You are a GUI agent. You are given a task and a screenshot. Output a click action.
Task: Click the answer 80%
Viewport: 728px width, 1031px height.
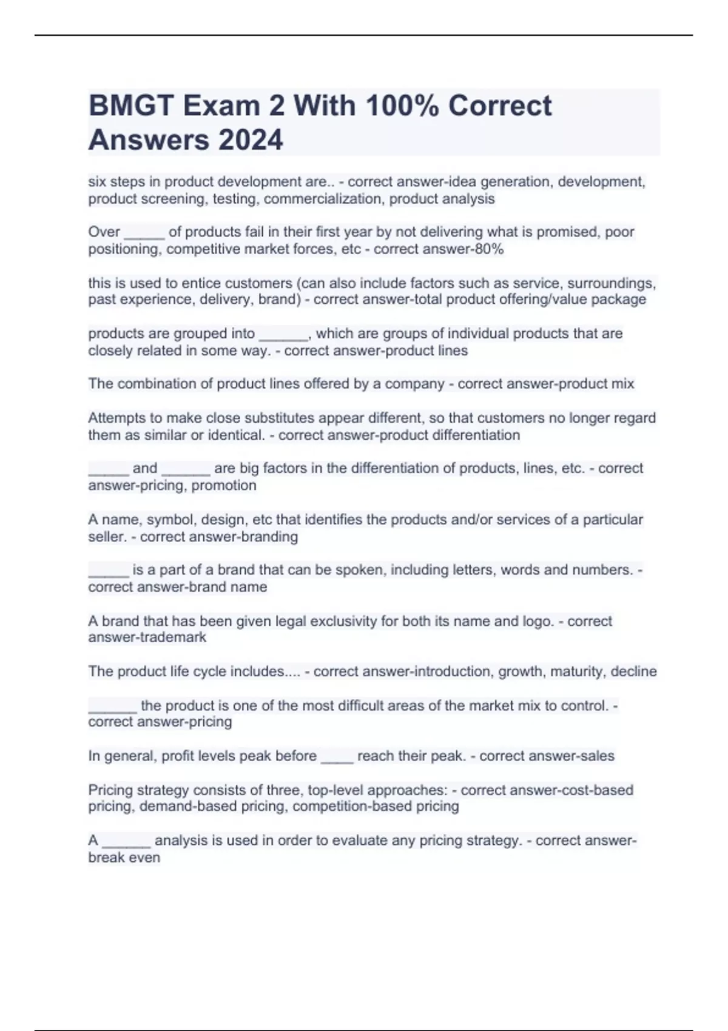click(x=490, y=249)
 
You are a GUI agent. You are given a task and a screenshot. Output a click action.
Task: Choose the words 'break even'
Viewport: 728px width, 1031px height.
click(x=124, y=858)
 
